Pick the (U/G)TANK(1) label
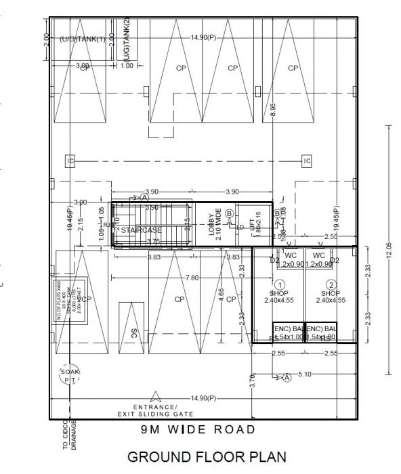[83, 39]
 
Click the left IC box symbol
[70, 160]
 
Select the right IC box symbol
[307, 160]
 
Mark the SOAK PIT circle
[69, 377]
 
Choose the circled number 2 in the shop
[331, 284]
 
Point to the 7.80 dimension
[192, 278]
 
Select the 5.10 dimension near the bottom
[305, 374]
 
